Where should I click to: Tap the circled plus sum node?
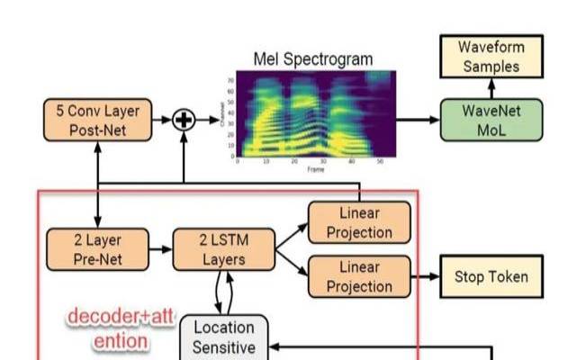(184, 120)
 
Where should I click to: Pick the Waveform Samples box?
(491, 56)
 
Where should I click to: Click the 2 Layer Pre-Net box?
(97, 249)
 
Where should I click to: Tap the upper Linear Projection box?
(359, 221)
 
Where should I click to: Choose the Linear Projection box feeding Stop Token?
(359, 275)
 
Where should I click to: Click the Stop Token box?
(491, 275)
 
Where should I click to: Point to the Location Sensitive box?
(224, 338)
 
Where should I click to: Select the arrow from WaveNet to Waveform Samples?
(491, 87)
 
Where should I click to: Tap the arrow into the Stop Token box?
(425, 275)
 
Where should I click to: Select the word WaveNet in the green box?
(491, 112)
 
